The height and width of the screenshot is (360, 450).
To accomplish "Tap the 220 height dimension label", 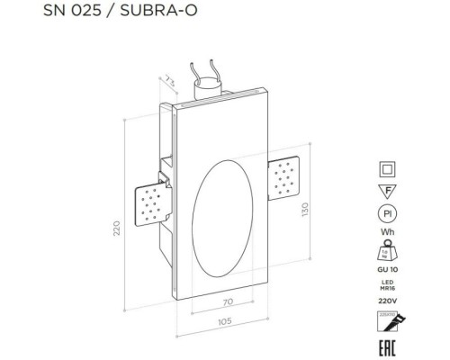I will point(116,229).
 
